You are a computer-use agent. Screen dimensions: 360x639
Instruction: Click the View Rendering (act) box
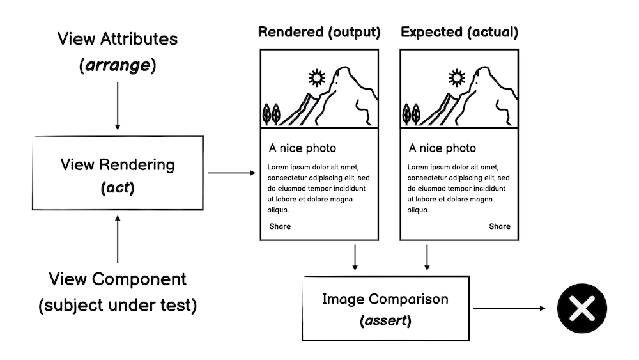coord(117,173)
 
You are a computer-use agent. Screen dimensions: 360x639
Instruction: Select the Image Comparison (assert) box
coord(385,308)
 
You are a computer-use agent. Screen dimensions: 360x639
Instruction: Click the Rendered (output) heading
coord(319,33)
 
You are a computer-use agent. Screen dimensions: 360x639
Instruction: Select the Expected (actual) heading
coord(459,33)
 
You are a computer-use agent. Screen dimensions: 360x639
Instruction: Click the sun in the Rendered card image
coord(316,78)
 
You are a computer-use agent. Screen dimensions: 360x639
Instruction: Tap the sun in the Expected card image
coord(456,78)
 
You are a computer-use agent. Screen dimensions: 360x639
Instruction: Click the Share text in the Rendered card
coord(280,226)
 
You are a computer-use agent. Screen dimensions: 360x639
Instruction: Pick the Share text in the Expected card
coord(500,226)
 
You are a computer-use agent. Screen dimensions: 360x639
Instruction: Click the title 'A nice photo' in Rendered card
coord(302,148)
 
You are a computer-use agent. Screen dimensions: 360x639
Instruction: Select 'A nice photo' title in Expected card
coord(442,148)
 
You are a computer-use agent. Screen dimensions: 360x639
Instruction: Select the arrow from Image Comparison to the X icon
coord(509,308)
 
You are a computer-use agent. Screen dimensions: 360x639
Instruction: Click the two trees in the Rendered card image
coord(272,114)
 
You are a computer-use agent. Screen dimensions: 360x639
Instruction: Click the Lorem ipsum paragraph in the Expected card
coord(458,189)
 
